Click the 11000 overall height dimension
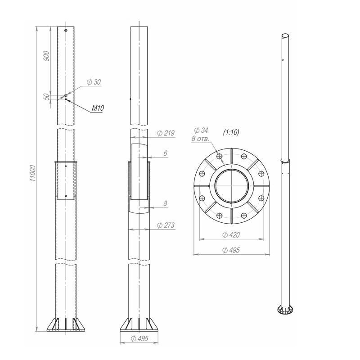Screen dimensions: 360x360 click(x=33, y=173)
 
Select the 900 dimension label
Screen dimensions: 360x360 click(x=46, y=56)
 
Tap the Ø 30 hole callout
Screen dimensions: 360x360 click(x=94, y=82)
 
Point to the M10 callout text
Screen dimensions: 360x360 click(x=98, y=108)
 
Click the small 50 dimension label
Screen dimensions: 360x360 click(x=47, y=97)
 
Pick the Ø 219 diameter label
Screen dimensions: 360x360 click(x=166, y=133)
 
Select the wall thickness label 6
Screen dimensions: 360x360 click(x=165, y=153)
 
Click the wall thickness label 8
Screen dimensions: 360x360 click(x=165, y=203)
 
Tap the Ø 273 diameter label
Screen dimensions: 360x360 click(x=166, y=225)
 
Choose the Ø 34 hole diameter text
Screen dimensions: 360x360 click(x=201, y=130)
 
